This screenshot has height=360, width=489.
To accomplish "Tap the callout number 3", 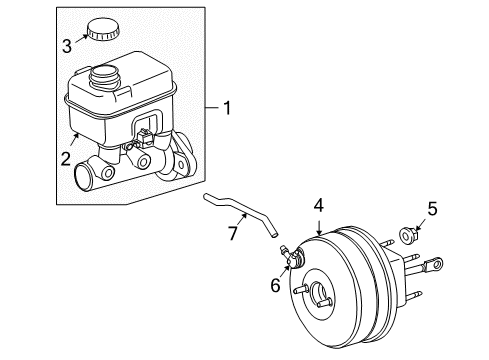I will (68, 44).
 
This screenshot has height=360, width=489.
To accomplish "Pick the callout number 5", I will (432, 236).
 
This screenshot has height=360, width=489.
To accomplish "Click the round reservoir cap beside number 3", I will (100, 30).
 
